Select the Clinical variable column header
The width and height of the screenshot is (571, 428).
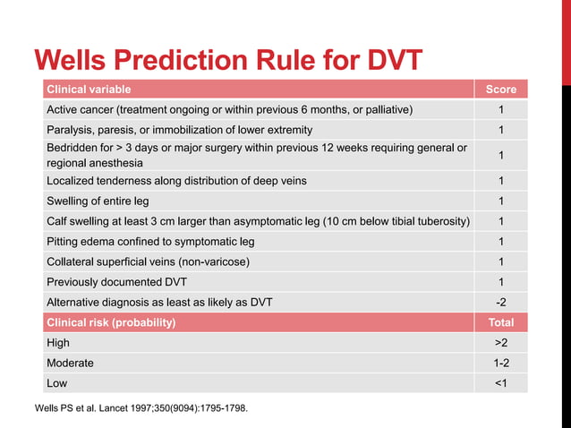tap(89, 90)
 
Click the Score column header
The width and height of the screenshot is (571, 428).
tap(500, 90)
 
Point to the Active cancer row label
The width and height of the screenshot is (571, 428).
tap(229, 109)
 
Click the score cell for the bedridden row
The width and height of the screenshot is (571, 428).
tap(500, 155)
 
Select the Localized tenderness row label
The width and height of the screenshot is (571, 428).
tap(176, 181)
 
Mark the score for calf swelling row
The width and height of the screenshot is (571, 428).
tap(500, 221)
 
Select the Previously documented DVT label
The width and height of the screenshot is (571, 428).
tap(116, 282)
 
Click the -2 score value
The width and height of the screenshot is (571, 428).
tap(500, 303)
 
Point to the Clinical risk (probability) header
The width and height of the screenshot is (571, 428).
tap(111, 322)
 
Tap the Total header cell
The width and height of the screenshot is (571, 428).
tap(500, 322)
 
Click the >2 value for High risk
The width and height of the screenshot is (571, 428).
tap(500, 342)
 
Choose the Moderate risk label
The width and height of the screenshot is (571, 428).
tap(70, 363)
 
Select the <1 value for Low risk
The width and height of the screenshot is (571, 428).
tap(500, 383)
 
